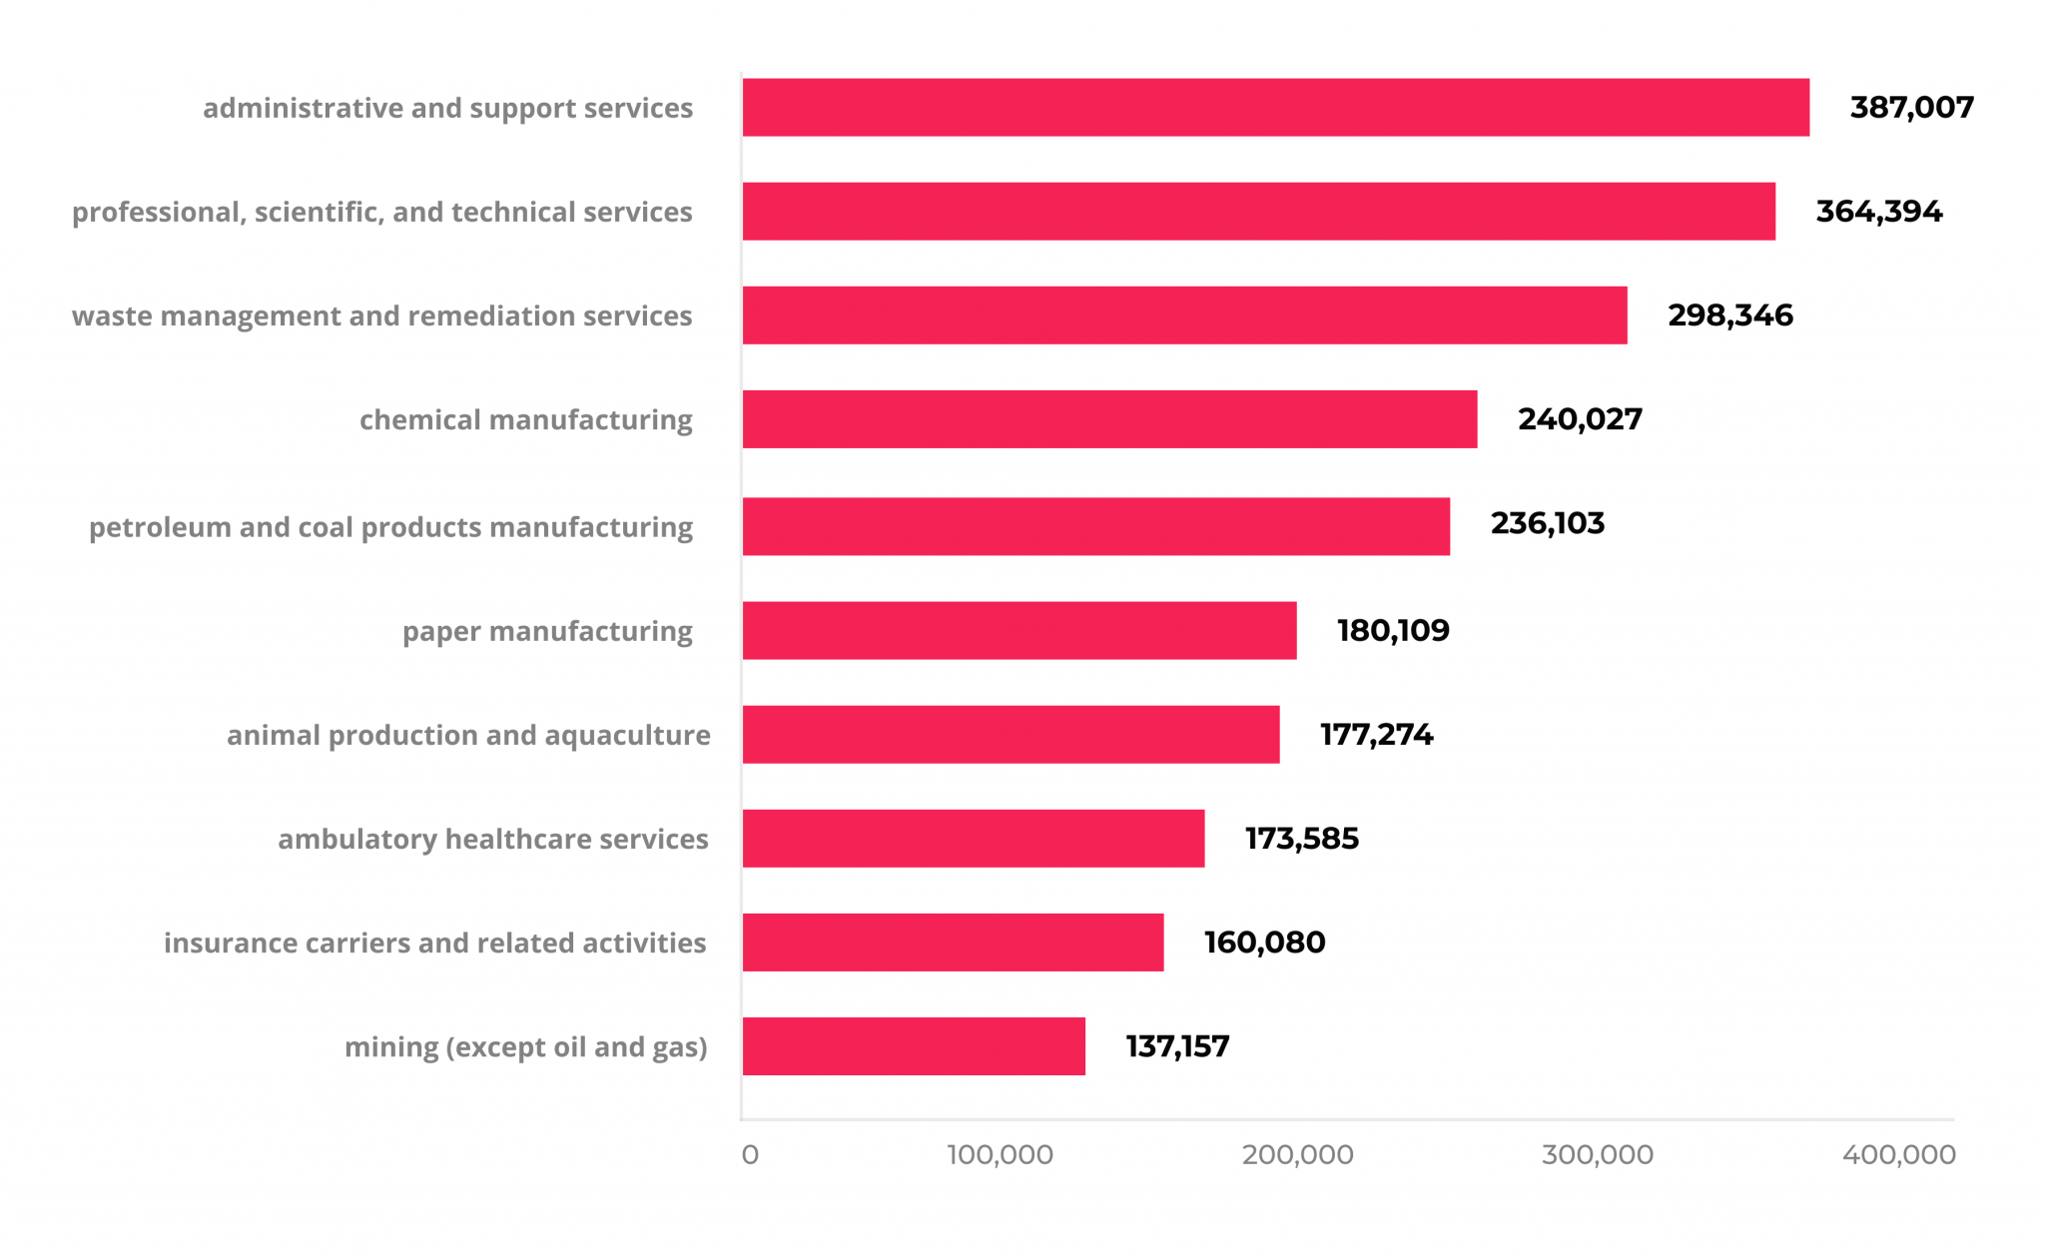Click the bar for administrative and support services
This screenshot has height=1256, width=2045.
1275,107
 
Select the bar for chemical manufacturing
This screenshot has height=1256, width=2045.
1109,419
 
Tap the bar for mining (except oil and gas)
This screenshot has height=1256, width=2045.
914,1046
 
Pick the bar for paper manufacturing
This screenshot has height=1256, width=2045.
1020,630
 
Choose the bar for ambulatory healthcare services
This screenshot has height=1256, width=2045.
974,839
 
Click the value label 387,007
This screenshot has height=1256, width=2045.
1911,107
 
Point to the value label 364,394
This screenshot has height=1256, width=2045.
1878,212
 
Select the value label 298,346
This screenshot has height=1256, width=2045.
1730,315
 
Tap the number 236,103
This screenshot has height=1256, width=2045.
1547,523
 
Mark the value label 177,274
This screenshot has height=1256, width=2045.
1376,735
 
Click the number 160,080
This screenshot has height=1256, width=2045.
1264,942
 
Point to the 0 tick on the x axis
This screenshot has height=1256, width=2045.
750,1155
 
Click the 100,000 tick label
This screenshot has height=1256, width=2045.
1000,1155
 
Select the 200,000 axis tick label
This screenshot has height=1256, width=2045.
1297,1155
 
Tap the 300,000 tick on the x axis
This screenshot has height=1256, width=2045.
1597,1155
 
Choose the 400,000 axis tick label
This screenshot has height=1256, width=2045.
1898,1155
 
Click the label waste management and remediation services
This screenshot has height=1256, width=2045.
381,316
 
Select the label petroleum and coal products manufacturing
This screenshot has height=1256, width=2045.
390,527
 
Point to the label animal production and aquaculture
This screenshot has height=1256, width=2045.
468,736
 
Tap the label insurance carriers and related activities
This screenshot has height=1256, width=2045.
434,943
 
